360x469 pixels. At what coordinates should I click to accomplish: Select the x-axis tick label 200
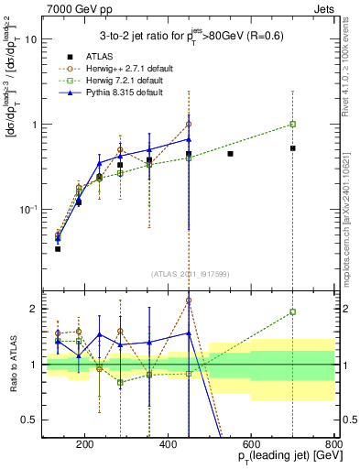[84, 446]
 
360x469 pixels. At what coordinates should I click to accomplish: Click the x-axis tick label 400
[168, 446]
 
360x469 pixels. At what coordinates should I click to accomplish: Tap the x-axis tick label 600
[251, 446]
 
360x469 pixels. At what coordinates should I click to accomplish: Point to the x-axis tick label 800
[333, 446]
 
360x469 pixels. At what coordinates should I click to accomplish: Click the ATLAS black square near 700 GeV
[292, 147]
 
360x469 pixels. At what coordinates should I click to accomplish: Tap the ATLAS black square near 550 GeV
[230, 154]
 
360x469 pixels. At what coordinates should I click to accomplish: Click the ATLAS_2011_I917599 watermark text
[191, 275]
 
